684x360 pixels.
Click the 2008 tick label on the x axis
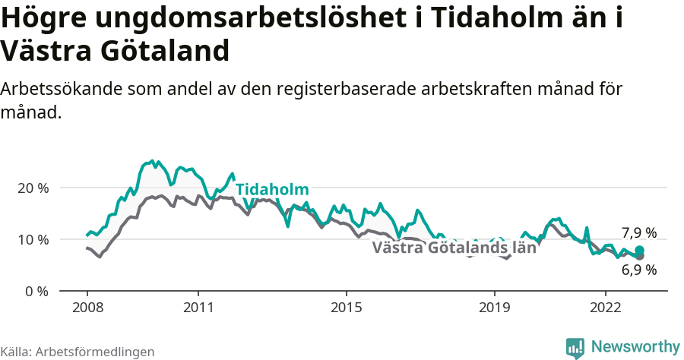pos(87,308)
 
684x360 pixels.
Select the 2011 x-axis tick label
pos(198,308)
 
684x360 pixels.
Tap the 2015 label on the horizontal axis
pos(347,308)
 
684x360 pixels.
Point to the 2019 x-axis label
pos(495,308)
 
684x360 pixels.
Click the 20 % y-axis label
pos(33,188)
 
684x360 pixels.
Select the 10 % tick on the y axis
pos(33,239)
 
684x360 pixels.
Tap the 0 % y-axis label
pos(36,291)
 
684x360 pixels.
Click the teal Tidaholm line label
pos(272,190)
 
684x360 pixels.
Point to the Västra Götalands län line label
pos(454,247)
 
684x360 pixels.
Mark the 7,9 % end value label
pos(638,233)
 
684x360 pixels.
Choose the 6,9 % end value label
pos(638,270)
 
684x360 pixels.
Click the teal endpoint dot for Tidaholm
pos(639,251)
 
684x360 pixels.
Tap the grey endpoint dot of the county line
pos(640,256)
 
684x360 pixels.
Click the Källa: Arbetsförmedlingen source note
pos(78,352)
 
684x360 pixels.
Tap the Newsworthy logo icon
pos(575,347)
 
